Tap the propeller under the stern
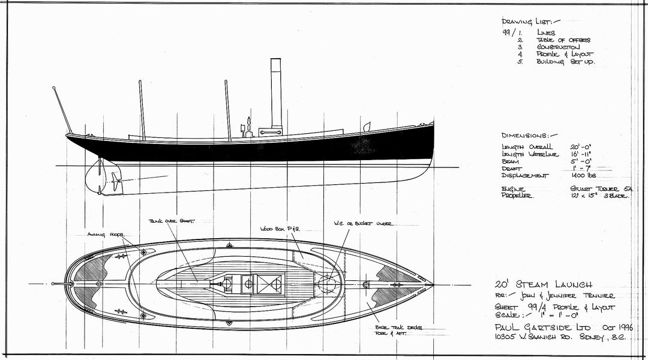114,178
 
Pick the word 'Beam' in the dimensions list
510,161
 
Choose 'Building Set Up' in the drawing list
566,62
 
